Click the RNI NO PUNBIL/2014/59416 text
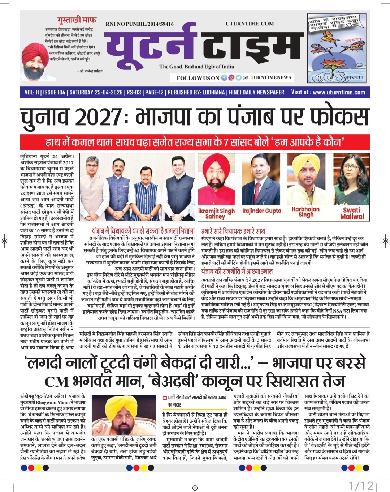pos(139,24)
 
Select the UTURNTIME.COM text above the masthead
pos(250,24)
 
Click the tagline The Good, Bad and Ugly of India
pos(196,67)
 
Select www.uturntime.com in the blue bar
pos(339,92)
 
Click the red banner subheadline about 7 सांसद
pos(195,141)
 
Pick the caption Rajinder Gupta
pos(261,211)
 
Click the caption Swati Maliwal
pos(352,213)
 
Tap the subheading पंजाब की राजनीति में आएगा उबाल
pos(237,271)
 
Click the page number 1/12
pos(361,485)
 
